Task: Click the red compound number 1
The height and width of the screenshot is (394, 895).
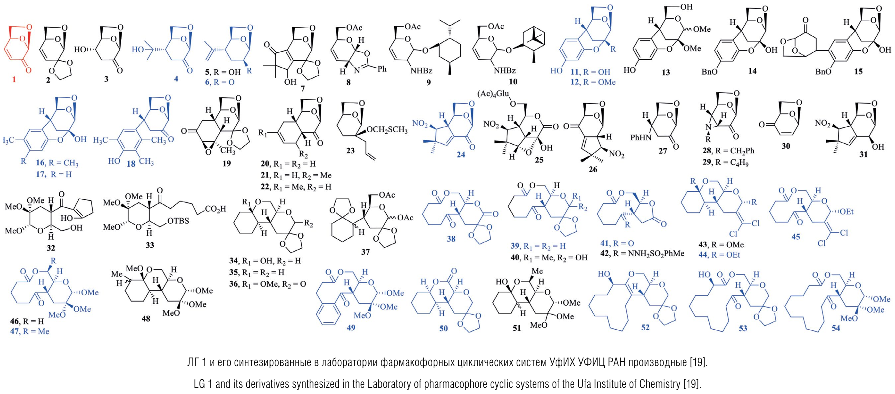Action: (x=14, y=79)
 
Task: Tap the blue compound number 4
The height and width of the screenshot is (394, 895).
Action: (x=176, y=79)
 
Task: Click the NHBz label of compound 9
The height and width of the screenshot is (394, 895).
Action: (x=422, y=71)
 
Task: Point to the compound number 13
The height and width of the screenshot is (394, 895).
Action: (x=666, y=72)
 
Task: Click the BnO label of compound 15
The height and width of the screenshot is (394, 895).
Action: (x=823, y=71)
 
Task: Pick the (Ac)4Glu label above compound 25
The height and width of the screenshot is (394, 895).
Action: (x=493, y=94)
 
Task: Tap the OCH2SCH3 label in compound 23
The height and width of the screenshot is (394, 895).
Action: (x=387, y=130)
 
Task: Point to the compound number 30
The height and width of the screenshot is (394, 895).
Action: (x=786, y=146)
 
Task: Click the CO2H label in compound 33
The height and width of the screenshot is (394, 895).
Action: (x=215, y=209)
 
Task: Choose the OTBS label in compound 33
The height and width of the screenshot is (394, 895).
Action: (x=178, y=221)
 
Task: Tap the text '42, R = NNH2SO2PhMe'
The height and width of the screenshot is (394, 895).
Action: (x=642, y=254)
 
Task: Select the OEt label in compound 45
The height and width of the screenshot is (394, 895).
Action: (x=846, y=211)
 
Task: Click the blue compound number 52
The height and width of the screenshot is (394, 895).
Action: (x=645, y=327)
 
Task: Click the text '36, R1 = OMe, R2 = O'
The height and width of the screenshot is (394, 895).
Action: (x=267, y=284)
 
